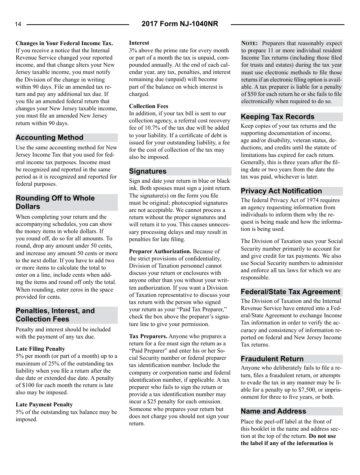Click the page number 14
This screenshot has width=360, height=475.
(18, 25)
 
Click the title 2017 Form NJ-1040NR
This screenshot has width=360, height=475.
(180, 24)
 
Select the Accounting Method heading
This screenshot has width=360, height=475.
(49, 138)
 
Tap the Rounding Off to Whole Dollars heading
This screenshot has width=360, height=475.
(55, 202)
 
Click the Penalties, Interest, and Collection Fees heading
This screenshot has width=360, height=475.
(55, 315)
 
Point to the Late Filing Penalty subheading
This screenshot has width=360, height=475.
(40, 349)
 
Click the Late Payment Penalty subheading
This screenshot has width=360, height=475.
(44, 404)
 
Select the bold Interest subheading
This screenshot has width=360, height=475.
(139, 43)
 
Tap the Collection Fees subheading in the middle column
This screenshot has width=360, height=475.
(149, 106)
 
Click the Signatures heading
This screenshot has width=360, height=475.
(148, 171)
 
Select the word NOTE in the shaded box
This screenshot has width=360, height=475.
(250, 43)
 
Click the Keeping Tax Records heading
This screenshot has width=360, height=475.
(277, 117)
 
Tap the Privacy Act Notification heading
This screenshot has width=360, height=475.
(281, 191)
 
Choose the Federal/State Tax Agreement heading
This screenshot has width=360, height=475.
(290, 292)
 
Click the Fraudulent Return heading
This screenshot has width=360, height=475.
(272, 359)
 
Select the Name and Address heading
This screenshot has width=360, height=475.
(273, 411)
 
